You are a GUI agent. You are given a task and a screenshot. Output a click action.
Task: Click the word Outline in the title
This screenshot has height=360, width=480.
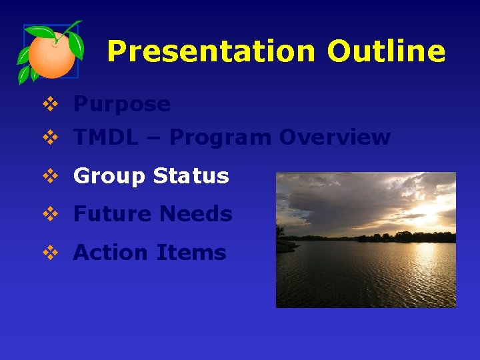[x=386, y=51]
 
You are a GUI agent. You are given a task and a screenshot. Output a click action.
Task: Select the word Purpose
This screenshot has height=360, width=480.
[x=121, y=104]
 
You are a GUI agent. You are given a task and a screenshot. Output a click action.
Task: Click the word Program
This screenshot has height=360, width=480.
[x=221, y=138]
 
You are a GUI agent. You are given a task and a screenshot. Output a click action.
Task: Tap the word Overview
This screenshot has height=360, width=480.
[x=335, y=137]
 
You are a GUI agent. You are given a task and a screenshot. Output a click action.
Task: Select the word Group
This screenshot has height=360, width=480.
[x=109, y=176]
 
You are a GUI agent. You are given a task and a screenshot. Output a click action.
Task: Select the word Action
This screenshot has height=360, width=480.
[x=111, y=253]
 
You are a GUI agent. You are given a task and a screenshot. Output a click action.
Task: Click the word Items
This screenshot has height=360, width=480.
[x=192, y=253]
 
